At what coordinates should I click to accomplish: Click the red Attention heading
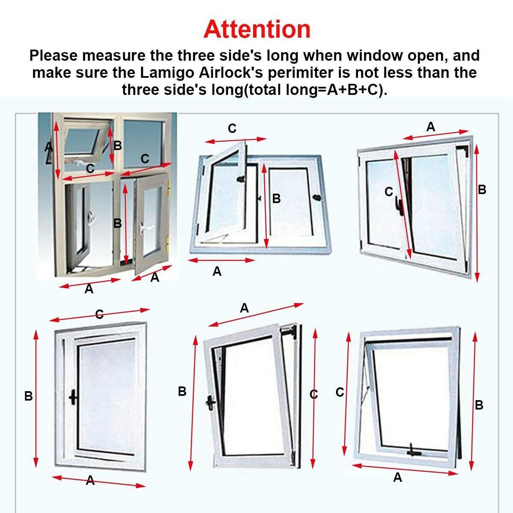(x=256, y=29)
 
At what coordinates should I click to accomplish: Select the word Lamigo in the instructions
(x=167, y=72)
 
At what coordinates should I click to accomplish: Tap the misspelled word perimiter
(x=300, y=72)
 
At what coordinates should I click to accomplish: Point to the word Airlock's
(x=231, y=72)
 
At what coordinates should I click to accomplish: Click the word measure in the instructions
(x=114, y=56)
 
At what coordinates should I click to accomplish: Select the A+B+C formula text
(x=352, y=90)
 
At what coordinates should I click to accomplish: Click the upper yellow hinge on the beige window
(x=168, y=190)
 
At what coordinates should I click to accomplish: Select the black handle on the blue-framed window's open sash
(x=241, y=179)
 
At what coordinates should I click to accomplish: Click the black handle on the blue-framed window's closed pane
(x=316, y=198)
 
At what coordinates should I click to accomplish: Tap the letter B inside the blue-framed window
(x=276, y=199)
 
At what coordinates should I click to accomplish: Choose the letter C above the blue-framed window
(x=232, y=129)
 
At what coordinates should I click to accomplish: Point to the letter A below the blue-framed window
(x=217, y=271)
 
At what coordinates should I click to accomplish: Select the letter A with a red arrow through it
(x=90, y=481)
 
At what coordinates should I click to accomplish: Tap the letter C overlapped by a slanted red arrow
(x=99, y=314)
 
